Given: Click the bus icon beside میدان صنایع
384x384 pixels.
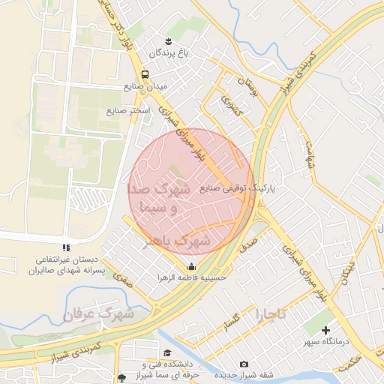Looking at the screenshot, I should (x=145, y=74).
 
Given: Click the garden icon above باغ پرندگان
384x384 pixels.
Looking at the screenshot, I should (x=167, y=40).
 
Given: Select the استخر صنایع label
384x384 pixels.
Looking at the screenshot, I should (x=127, y=110).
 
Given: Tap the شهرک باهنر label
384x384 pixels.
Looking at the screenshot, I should (x=176, y=241).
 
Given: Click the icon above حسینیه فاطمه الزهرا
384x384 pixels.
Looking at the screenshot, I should (x=191, y=266).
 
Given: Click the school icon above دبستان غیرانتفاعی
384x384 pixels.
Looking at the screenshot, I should (x=66, y=247).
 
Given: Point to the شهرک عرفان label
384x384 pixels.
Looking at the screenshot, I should (x=99, y=313).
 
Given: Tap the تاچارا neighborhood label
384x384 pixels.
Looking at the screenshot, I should (x=271, y=313).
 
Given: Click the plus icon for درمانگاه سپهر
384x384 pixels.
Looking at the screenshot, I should (x=325, y=328).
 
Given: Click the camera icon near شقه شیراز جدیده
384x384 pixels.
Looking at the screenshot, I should (x=244, y=364).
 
